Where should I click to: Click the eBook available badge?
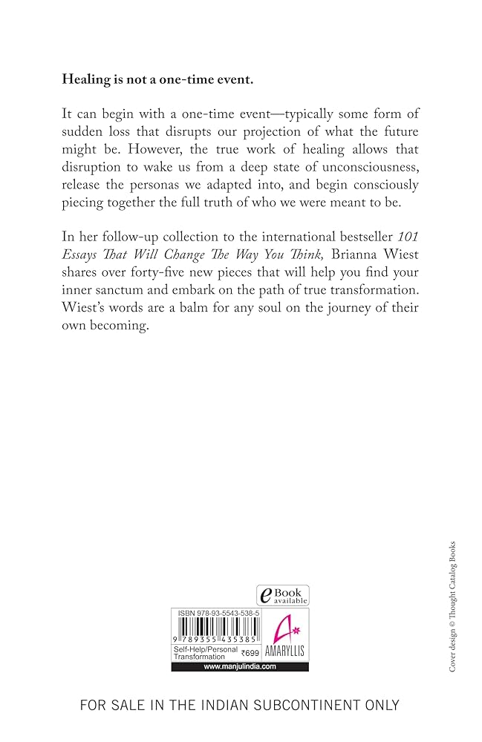tap(283, 594)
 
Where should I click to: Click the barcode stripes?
tap(212, 628)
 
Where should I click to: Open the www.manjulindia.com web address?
tap(240, 666)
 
